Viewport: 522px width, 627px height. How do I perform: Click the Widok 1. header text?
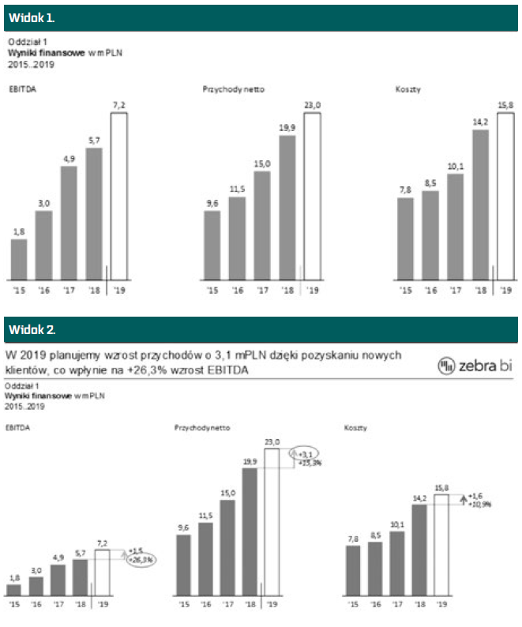(x=32, y=17)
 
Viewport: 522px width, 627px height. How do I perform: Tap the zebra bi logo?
(x=475, y=365)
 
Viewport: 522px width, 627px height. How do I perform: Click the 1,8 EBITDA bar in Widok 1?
(x=19, y=259)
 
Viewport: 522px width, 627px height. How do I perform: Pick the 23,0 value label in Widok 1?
(x=312, y=105)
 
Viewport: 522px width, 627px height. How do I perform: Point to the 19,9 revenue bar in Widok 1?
(x=287, y=208)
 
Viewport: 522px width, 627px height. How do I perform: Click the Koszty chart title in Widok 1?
(x=408, y=89)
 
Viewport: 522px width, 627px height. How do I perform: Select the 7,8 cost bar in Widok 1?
(x=405, y=238)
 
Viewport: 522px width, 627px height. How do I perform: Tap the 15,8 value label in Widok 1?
(x=505, y=105)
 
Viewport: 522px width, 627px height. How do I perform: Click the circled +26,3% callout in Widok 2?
(x=141, y=558)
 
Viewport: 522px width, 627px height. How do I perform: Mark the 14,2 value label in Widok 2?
(x=419, y=498)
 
